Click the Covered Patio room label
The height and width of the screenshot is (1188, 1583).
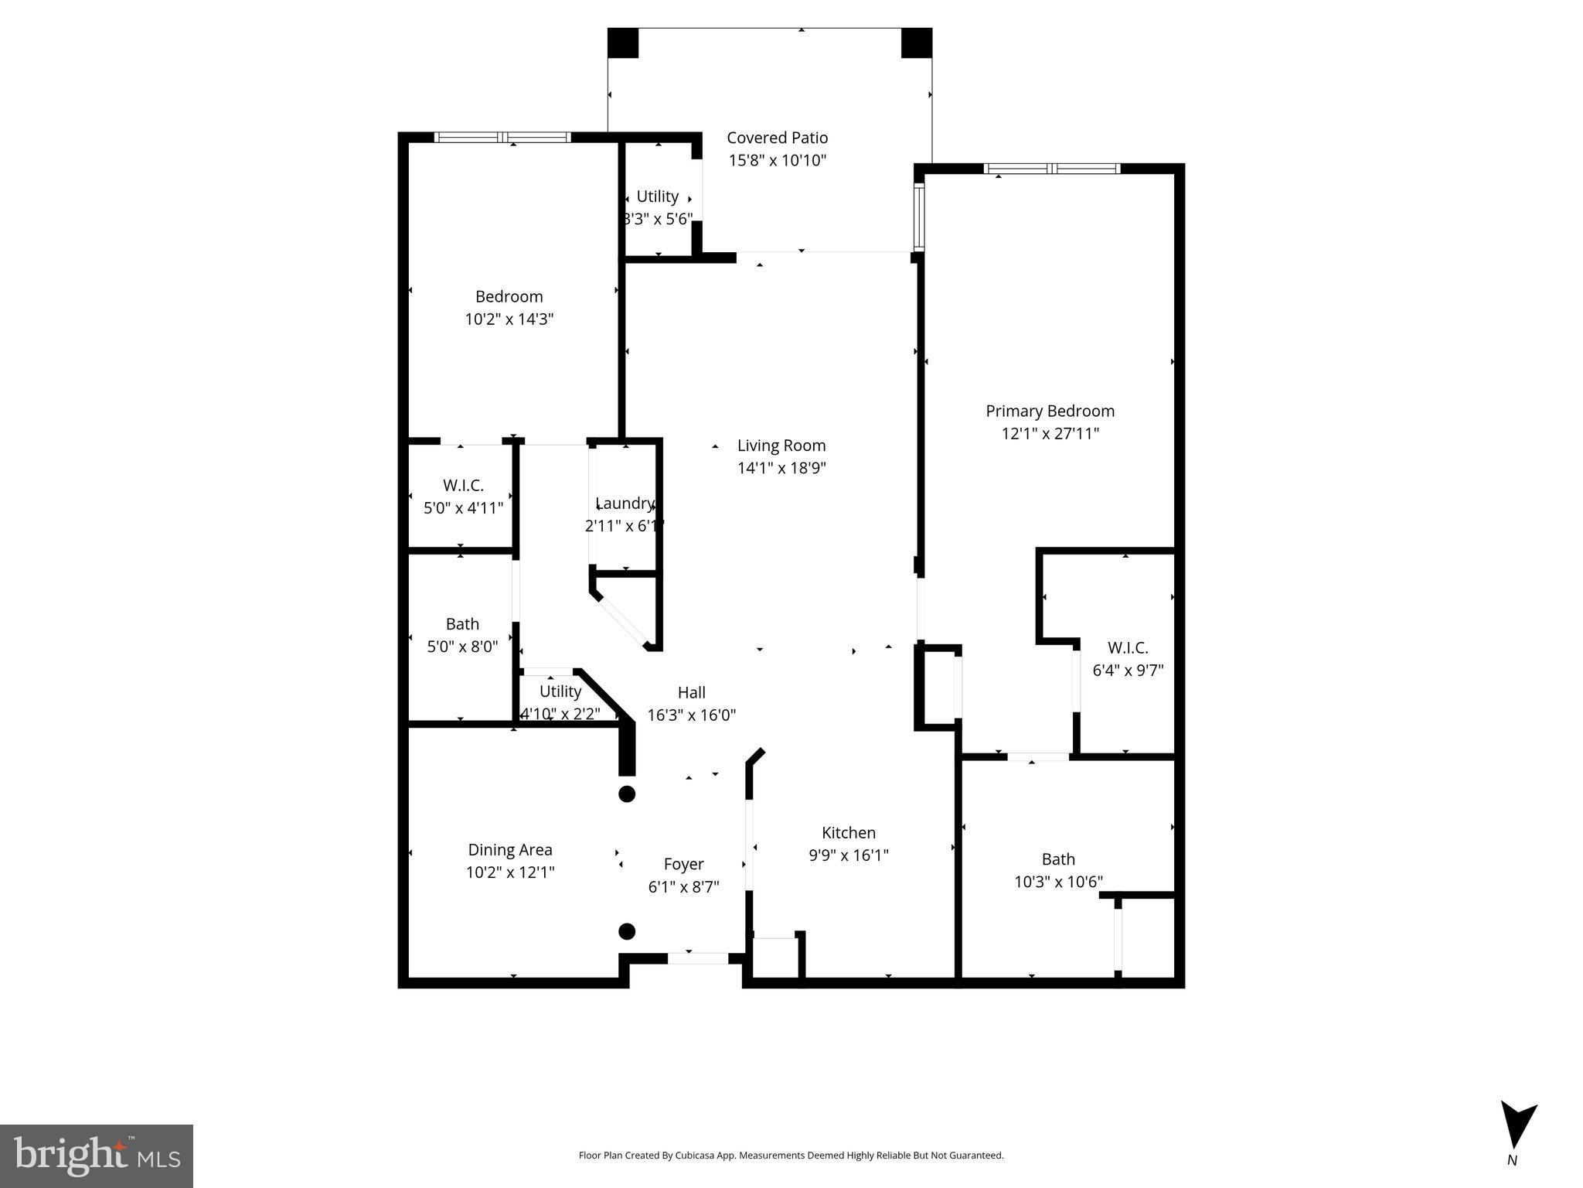click(x=777, y=138)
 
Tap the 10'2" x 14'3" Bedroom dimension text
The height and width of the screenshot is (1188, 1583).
click(x=509, y=319)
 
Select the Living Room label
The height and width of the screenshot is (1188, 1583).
click(x=781, y=445)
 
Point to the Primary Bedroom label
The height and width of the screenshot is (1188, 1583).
click(x=1050, y=411)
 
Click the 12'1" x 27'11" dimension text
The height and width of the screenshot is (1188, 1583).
click(x=1050, y=433)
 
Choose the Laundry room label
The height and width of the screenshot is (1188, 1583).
click(x=625, y=504)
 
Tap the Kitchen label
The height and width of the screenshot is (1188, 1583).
click(x=848, y=833)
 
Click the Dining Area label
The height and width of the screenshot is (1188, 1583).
click(x=510, y=850)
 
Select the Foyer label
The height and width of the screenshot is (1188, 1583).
click(x=683, y=864)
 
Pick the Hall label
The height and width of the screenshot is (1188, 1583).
click(x=691, y=692)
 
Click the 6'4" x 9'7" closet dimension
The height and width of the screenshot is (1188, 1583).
click(x=1128, y=671)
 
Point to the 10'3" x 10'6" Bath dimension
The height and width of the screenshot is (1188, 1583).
click(x=1058, y=882)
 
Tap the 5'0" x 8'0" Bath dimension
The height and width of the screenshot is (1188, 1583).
click(x=462, y=647)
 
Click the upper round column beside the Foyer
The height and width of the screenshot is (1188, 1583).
click(x=627, y=794)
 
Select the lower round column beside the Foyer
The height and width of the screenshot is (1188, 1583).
click(x=627, y=930)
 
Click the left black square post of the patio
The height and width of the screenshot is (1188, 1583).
click(x=623, y=43)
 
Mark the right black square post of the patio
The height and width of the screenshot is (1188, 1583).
click(x=917, y=43)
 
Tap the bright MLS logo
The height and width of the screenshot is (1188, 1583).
click(x=97, y=1156)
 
